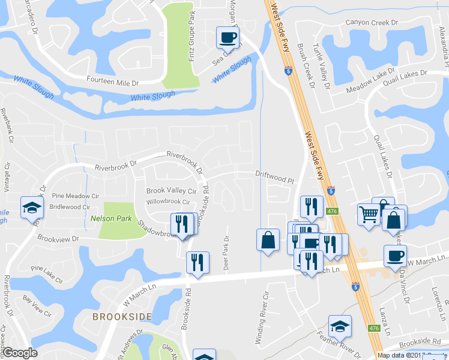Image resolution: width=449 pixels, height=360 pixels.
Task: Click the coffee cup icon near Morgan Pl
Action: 228,38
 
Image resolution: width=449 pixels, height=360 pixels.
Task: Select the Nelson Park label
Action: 111,219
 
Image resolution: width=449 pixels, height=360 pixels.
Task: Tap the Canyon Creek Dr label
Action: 372,22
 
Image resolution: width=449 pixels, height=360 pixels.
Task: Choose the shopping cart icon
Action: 369,214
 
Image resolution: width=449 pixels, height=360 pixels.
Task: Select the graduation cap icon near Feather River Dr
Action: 340,326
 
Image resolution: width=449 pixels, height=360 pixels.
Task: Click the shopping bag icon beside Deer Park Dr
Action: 268,240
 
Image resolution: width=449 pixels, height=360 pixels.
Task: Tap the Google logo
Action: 19,353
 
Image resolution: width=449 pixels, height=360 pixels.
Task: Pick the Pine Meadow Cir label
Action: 75,196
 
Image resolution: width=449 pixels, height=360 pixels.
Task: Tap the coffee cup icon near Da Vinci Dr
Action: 396,256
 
